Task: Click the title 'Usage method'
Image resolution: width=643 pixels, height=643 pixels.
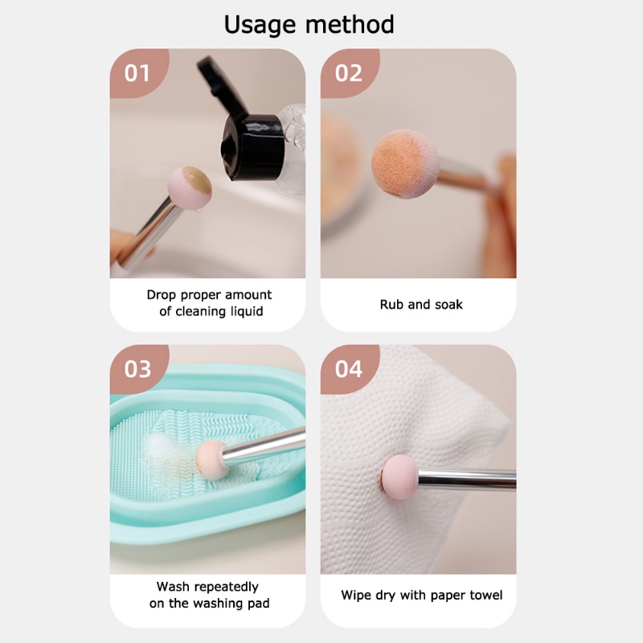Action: [309, 24]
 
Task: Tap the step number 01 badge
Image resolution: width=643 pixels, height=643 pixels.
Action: [137, 73]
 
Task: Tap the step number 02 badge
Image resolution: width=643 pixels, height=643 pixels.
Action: [348, 73]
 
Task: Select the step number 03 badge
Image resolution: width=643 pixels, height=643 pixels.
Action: [137, 369]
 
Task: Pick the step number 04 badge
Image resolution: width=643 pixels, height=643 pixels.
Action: [349, 369]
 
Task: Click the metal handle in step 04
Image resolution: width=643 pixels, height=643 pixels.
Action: [466, 479]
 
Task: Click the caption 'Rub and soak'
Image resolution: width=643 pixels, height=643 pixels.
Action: [420, 305]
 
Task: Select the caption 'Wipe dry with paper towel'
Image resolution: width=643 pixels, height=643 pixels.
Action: [421, 595]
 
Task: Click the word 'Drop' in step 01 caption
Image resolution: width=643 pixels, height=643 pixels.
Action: [162, 295]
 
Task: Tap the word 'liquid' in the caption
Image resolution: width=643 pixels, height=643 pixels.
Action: [244, 312]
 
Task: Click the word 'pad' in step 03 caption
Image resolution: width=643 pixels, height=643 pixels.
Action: [256, 604]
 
